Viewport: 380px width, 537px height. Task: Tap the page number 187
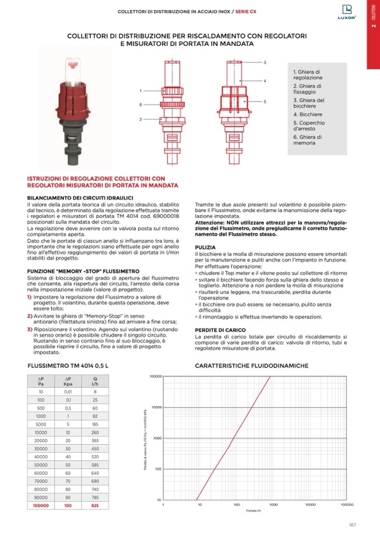pos(353,524)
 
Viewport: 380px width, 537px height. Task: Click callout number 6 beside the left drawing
pos(140,105)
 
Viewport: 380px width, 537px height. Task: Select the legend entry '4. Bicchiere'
pos(305,114)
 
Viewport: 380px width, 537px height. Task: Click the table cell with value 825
pos(95,505)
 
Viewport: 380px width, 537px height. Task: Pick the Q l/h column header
pos(95,381)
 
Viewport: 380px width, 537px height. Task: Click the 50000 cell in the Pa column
pos(41,465)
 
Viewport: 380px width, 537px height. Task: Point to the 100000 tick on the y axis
pos(155,377)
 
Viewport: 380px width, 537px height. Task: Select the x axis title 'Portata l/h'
pos(254,511)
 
